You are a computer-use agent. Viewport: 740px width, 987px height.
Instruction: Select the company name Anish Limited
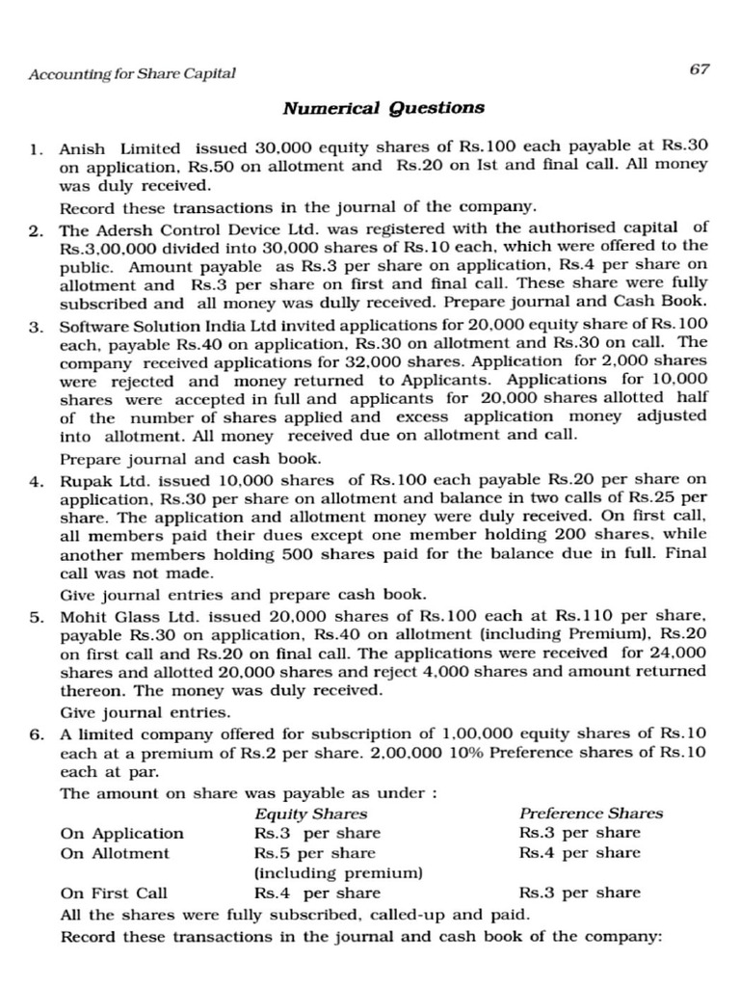(119, 148)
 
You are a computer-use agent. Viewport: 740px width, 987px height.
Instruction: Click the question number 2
(35, 229)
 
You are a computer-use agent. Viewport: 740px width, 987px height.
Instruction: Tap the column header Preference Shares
(591, 814)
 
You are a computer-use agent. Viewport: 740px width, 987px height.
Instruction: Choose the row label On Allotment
(114, 853)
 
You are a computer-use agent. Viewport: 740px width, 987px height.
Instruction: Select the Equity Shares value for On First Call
(316, 893)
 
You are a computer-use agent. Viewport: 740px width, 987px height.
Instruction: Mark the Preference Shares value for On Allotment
(578, 853)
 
